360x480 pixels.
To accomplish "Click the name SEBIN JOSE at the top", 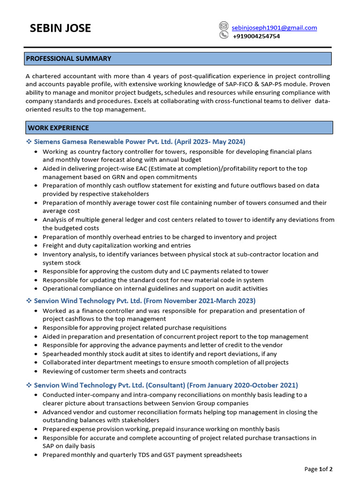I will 60,29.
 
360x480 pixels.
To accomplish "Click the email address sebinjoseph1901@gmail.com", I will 275,28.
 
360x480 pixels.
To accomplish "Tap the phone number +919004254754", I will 256,36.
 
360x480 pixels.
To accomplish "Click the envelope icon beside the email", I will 224,27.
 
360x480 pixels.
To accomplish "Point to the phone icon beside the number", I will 224,35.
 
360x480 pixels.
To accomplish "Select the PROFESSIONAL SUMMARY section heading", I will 69,59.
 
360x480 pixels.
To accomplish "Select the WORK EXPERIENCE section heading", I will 58,127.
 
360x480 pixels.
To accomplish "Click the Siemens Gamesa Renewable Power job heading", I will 140,142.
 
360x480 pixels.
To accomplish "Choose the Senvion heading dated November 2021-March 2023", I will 145,300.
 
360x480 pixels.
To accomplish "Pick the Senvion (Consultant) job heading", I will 166,385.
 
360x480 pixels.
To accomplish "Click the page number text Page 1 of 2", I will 318,469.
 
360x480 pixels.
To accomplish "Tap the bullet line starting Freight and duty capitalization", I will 117,246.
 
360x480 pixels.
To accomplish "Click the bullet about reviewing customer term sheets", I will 114,371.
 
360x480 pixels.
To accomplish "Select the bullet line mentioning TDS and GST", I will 142,455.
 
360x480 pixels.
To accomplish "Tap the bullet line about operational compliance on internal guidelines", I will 155,288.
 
